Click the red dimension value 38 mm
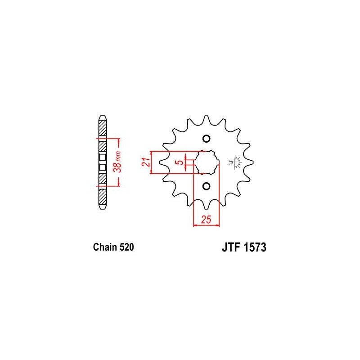[x=118, y=162]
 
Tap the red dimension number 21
[x=146, y=162]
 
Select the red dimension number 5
[x=181, y=162]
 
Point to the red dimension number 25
[x=206, y=220]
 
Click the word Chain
[x=104, y=247]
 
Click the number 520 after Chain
[x=126, y=247]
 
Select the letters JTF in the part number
[x=231, y=247]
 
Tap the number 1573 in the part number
[x=255, y=247]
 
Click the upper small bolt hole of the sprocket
[x=207, y=139]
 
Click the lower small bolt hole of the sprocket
[x=207, y=186]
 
